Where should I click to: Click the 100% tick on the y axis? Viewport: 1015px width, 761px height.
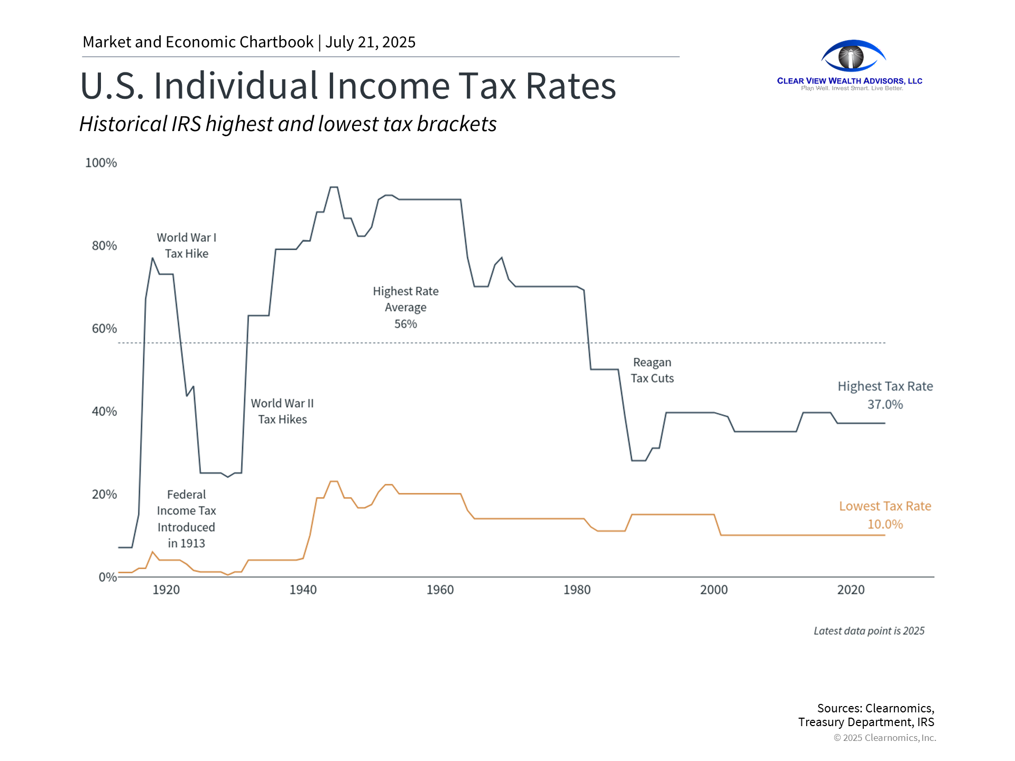pos(101,163)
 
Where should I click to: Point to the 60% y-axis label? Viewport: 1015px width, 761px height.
pos(104,329)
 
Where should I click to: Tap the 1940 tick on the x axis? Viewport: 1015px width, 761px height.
pos(303,590)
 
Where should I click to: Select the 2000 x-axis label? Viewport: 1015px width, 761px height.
pos(714,590)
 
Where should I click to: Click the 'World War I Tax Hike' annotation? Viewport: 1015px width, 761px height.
pos(187,246)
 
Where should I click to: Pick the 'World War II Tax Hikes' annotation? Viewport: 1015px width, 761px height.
pos(282,411)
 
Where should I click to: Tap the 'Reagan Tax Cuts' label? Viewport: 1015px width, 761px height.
pos(652,370)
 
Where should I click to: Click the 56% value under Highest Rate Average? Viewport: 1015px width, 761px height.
pos(405,324)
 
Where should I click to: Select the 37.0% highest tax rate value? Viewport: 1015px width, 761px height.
pos(885,404)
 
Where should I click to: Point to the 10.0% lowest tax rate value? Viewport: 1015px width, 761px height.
pos(885,524)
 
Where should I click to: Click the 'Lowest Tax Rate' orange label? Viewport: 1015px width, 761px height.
pos(885,506)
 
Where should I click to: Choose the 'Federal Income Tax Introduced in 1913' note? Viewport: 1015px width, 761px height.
pos(187,518)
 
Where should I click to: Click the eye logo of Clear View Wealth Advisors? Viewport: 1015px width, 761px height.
pos(853,56)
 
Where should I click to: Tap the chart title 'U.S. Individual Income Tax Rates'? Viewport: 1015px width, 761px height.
pos(348,86)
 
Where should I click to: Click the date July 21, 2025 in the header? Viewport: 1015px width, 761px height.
pos(371,42)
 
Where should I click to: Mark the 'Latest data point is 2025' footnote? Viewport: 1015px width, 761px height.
pos(869,631)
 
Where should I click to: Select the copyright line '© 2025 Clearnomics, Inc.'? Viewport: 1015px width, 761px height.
pos(884,738)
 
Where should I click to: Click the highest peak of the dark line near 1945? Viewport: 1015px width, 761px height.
pos(334,187)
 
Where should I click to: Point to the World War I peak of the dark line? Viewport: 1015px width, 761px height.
pos(152,258)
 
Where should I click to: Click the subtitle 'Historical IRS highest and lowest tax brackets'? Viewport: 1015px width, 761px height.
pos(288,124)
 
